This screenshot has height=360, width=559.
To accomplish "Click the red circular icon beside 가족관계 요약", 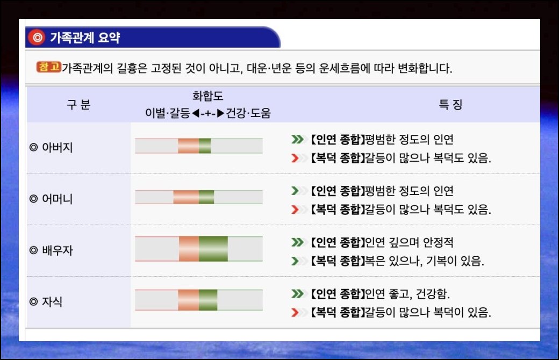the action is [37, 37].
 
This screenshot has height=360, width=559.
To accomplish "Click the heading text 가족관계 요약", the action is [85, 38].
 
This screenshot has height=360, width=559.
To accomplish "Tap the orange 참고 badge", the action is [49, 67].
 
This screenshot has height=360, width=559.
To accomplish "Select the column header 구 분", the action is [79, 104].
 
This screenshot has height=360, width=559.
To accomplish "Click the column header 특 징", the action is [450, 104].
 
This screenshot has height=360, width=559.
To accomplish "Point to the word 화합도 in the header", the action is [207, 96].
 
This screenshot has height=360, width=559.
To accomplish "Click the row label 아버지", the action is [57, 147].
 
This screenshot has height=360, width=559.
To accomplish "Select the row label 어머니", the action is [57, 198].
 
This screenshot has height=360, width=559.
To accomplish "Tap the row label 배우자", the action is [57, 250].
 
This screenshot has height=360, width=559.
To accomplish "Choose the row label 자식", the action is [52, 301].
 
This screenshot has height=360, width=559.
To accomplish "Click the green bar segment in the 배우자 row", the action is [213, 249].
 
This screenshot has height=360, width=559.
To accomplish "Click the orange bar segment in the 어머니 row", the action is [186, 197].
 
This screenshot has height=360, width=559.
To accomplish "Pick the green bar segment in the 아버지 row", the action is [205, 146].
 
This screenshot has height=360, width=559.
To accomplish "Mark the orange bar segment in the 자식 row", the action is [188, 300].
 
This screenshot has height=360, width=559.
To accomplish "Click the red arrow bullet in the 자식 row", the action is [295, 313].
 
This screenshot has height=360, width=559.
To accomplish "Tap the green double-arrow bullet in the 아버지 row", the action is [297, 139].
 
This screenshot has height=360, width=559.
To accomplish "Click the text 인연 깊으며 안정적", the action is [409, 242].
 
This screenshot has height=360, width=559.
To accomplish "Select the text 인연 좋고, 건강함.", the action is [407, 294].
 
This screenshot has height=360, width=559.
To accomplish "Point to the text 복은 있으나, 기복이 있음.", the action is [425, 261].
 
